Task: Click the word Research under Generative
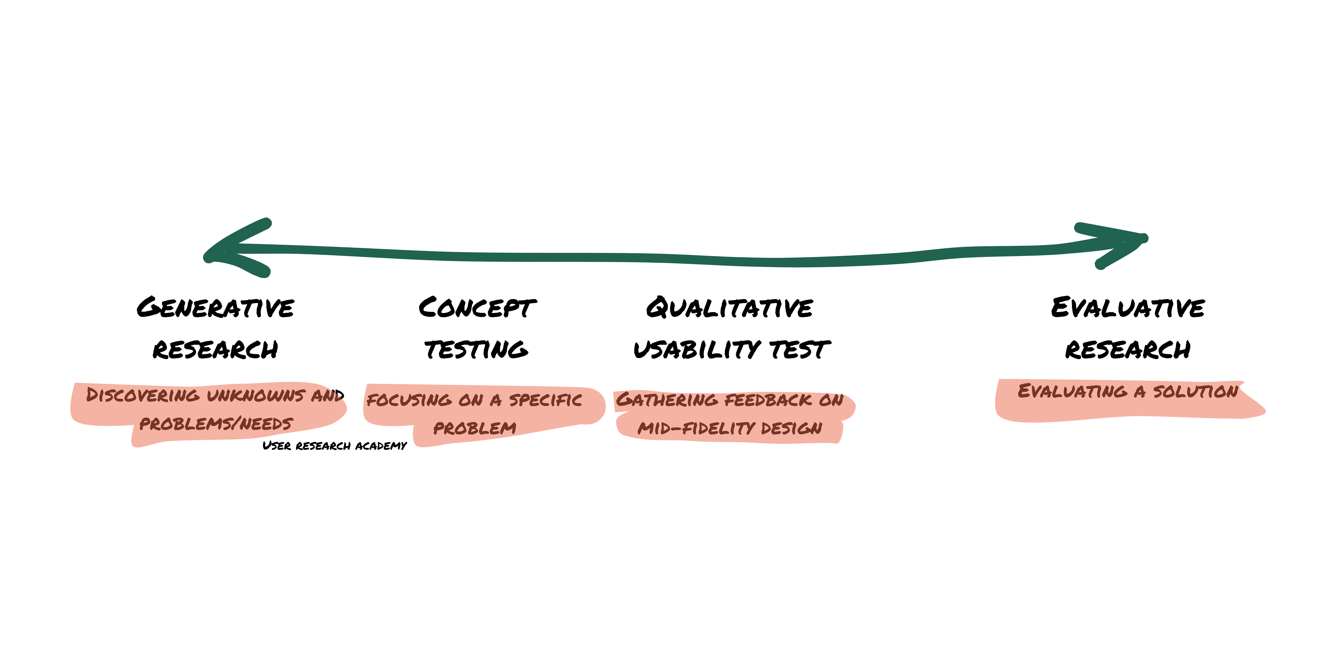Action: click(215, 350)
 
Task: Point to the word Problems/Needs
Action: click(216, 424)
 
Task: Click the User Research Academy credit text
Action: click(335, 446)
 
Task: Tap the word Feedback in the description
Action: click(768, 400)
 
